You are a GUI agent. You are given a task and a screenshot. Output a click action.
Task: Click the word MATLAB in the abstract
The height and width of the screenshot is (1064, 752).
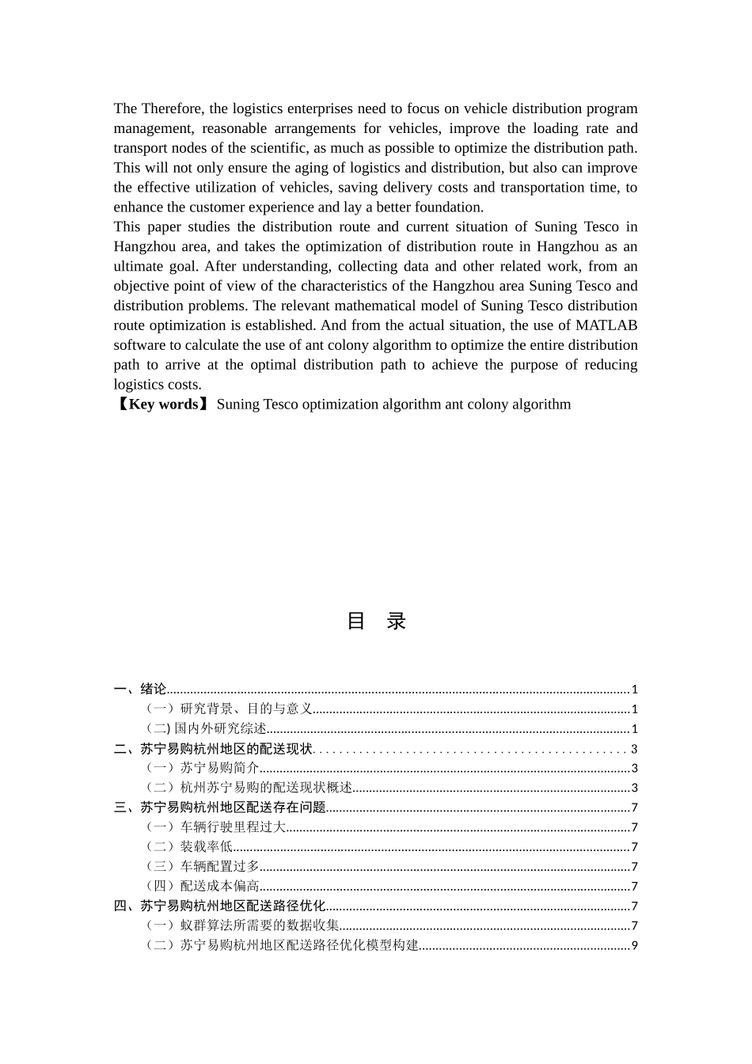(606, 325)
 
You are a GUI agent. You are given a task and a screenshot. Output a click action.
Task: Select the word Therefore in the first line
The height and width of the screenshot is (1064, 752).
(173, 108)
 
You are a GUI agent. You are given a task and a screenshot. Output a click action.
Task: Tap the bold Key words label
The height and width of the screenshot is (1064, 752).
(163, 405)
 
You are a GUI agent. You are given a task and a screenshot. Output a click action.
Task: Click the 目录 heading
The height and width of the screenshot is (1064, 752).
(376, 621)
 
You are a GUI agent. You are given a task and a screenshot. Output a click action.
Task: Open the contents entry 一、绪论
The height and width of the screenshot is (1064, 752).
(140, 690)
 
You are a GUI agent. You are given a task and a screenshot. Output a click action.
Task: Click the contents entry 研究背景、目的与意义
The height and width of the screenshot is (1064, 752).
(246, 709)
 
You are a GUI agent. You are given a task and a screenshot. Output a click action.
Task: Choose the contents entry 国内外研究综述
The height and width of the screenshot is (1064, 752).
(220, 729)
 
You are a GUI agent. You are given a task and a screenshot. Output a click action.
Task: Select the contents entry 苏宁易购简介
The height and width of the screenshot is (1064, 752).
(219, 768)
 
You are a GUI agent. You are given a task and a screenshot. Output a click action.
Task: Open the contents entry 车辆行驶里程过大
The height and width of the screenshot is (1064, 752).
(233, 827)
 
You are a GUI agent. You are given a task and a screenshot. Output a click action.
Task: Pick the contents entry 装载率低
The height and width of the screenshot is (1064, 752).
(206, 847)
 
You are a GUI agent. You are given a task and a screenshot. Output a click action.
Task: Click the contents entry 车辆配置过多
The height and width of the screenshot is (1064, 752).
(219, 867)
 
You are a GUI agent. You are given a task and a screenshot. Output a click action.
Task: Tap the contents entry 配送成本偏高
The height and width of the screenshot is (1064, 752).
(219, 887)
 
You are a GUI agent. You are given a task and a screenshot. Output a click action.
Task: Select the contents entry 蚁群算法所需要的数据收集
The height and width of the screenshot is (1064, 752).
(260, 925)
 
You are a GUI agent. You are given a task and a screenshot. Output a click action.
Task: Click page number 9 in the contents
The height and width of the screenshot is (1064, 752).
(634, 945)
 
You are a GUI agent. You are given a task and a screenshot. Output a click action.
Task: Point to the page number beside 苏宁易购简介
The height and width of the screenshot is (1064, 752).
(634, 768)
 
